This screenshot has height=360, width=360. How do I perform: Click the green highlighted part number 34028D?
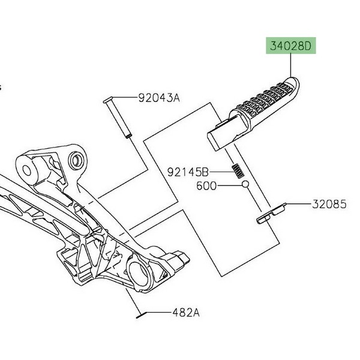click(290, 46)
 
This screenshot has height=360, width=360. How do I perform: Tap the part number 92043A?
click(159, 98)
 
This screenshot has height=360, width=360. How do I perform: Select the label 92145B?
click(188, 172)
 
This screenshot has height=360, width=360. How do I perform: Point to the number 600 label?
click(206, 186)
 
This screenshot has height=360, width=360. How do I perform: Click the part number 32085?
click(329, 204)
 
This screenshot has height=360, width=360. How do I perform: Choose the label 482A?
click(186, 313)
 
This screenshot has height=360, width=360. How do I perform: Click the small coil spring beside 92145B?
click(238, 171)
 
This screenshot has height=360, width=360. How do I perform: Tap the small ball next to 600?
click(245, 184)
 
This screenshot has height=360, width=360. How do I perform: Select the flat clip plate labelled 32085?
click(271, 213)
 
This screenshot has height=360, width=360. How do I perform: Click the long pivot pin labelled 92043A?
click(117, 117)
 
